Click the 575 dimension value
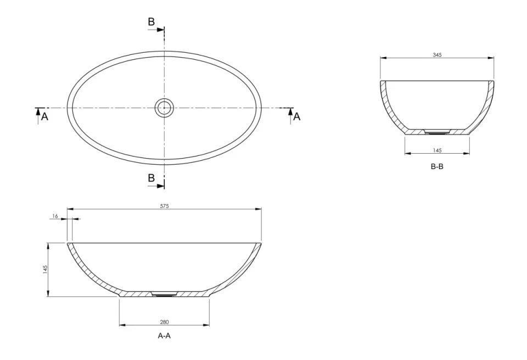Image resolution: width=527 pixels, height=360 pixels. (164, 206)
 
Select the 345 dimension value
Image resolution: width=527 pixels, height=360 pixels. (437, 55)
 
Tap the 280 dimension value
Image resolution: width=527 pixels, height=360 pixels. (164, 322)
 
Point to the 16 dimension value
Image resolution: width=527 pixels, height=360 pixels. (55, 217)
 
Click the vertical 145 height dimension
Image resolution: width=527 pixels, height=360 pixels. (46, 269)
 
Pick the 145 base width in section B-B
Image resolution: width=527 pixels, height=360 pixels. (437, 150)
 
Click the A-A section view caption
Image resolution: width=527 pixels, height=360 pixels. (164, 336)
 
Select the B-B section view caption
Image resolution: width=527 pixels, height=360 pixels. (437, 166)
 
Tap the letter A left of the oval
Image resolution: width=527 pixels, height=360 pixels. (45, 116)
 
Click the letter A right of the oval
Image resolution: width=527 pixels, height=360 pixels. (297, 116)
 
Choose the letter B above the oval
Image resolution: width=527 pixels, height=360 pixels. (151, 22)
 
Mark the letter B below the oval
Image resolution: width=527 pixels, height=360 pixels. (151, 178)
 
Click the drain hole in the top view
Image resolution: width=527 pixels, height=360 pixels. (164, 108)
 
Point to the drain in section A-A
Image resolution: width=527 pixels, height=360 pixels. (164, 294)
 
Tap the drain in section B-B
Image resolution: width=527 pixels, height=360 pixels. (438, 132)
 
